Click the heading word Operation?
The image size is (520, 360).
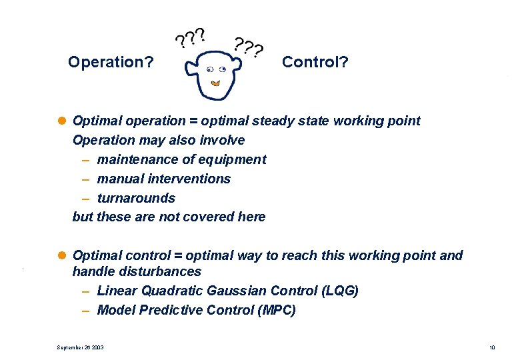coord(111,63)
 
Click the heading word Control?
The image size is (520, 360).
coord(315,62)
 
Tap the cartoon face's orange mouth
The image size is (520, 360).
coord(215,83)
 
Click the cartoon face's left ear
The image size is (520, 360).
coord(191,67)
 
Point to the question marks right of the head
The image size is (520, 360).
coord(249,47)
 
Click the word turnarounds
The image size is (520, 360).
coord(136,198)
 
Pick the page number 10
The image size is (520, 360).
coord(492,347)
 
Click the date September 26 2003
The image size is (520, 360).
coord(81,347)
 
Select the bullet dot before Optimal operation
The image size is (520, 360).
coord(63,121)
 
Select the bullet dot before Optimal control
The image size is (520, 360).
coord(63,255)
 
